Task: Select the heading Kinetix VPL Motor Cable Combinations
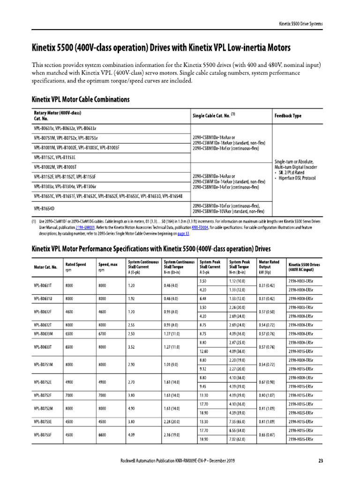click(80, 99)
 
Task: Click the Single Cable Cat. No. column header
click(213, 115)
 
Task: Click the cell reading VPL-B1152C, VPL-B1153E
click(55, 157)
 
